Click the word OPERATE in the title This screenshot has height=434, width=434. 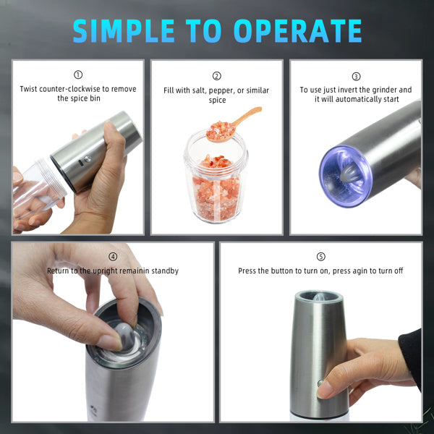[299, 30]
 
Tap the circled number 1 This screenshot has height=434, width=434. [78, 75]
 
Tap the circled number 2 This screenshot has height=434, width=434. [216, 76]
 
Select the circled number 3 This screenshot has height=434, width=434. [356, 76]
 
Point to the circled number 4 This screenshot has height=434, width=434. [113, 257]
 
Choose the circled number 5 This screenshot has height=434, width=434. [321, 257]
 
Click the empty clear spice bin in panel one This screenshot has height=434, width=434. [36, 190]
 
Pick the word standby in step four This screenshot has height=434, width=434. [163, 271]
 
